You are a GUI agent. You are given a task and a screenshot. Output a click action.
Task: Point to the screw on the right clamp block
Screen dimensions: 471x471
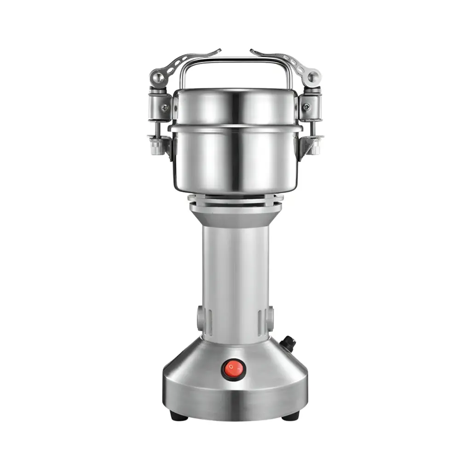306,107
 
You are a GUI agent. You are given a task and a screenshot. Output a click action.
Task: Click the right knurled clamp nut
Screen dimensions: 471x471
314,147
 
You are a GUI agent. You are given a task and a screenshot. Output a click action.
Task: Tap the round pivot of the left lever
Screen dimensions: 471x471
158,78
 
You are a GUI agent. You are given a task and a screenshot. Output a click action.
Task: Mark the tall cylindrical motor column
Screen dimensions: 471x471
235,276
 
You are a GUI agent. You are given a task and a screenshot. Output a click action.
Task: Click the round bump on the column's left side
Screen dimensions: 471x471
200,317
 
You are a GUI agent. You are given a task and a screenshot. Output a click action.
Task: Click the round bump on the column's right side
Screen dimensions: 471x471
270,317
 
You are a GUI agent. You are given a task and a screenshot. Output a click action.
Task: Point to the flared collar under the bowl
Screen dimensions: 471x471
235,214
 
